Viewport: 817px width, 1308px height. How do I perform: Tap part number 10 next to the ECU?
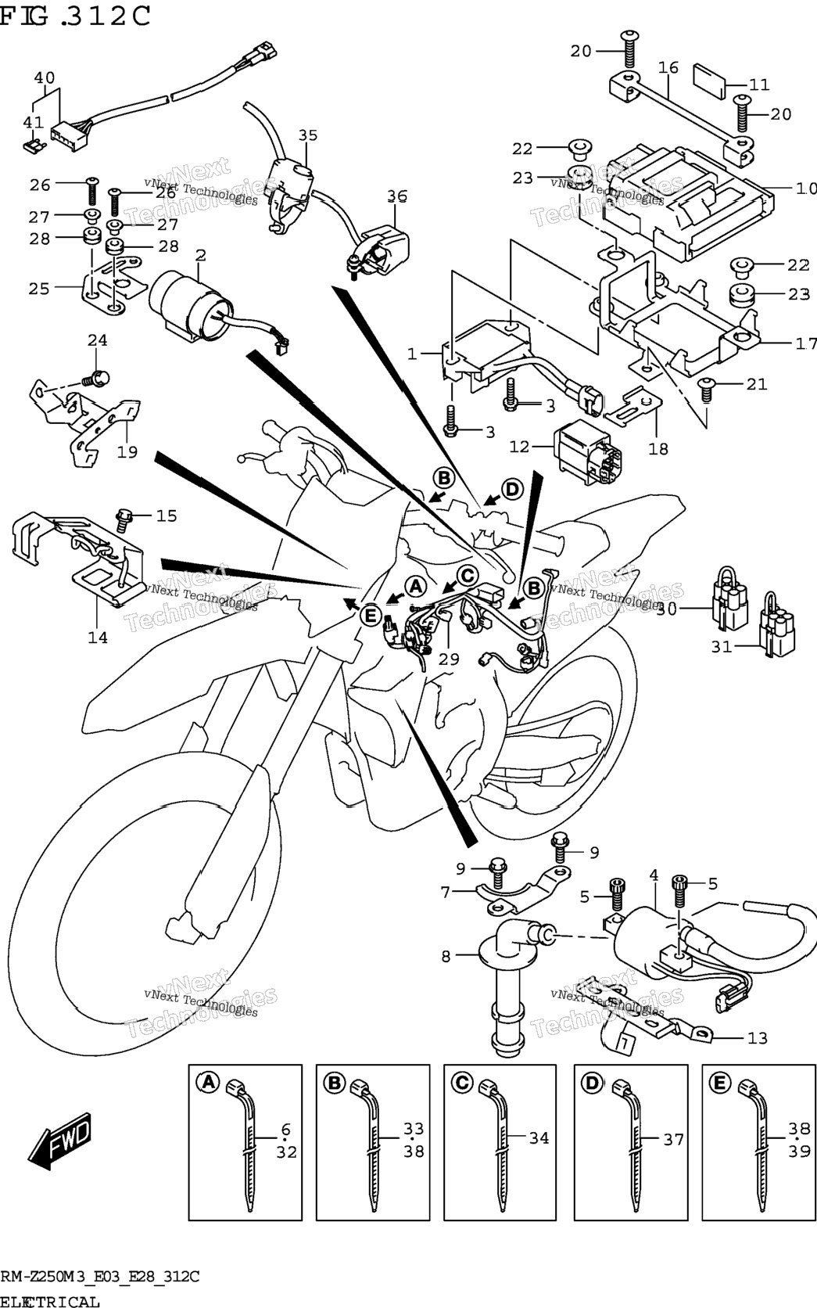click(x=806, y=189)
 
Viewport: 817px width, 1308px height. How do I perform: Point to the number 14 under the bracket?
click(x=98, y=637)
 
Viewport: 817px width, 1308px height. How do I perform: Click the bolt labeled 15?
click(x=124, y=519)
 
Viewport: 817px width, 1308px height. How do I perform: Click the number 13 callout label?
click(x=757, y=1037)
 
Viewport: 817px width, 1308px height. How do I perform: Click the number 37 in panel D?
click(x=673, y=1139)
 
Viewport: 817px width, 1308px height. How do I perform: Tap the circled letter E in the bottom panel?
click(x=719, y=1083)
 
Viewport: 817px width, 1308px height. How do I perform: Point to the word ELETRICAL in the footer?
click(x=49, y=1301)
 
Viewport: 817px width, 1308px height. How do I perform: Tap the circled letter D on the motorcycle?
click(x=512, y=489)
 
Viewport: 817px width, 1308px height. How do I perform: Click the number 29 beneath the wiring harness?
click(x=449, y=659)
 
